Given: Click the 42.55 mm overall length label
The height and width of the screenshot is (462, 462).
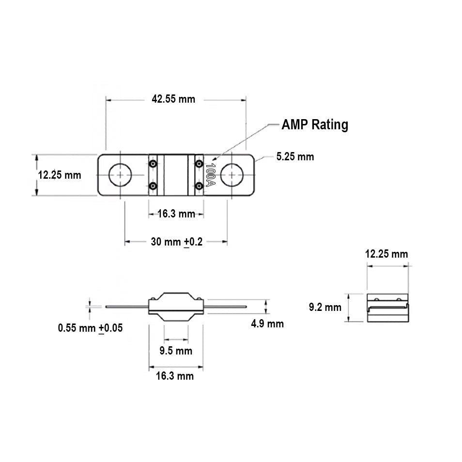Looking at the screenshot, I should (173, 99).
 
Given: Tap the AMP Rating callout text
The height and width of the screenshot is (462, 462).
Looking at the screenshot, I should (315, 124).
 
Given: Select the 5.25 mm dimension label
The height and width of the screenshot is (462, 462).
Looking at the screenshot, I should (295, 156).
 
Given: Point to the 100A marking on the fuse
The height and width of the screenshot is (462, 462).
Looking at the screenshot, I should (210, 175).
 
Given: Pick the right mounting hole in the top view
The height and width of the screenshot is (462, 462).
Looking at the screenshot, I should (232, 175).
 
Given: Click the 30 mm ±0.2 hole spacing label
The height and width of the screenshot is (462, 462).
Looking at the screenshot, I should (176, 242).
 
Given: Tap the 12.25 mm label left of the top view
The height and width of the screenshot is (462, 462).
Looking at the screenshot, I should (60, 175).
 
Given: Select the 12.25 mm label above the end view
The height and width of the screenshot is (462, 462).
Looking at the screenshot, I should (386, 254).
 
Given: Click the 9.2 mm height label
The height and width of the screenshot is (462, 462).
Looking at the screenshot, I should (325, 307).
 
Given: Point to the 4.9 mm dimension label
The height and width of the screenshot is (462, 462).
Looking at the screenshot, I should (267, 323).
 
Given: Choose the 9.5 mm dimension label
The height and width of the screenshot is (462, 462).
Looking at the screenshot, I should (176, 350).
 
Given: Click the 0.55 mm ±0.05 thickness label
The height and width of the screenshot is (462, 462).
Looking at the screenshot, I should (90, 328).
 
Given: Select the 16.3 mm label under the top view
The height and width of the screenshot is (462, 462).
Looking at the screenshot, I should (176, 214).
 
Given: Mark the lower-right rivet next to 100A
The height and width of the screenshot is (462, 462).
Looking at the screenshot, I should (199, 186).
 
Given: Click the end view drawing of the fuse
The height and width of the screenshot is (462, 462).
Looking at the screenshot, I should (388, 308).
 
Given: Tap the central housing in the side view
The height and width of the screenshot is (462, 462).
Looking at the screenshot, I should (176, 306).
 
